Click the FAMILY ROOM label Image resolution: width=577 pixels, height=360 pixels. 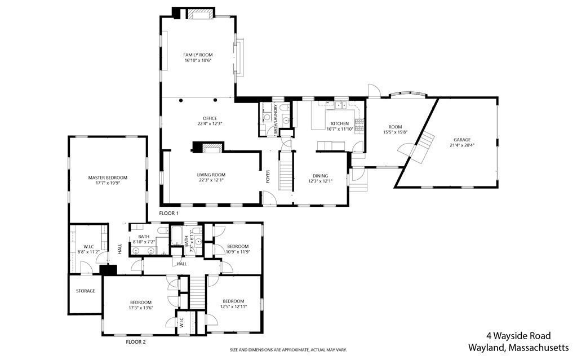click(x=198, y=55)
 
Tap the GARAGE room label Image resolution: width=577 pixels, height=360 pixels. click(x=462, y=140)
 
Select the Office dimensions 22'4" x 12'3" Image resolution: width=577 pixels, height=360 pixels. click(x=210, y=124)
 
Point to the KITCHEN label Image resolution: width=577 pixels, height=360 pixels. click(x=340, y=124)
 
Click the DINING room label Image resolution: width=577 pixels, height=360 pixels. click(x=320, y=176)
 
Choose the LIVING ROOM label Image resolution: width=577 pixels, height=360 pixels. click(x=211, y=175)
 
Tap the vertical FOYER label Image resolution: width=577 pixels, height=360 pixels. click(x=268, y=176)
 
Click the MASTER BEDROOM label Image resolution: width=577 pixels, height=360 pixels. click(x=108, y=178)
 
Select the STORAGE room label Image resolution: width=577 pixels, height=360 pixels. click(x=86, y=291)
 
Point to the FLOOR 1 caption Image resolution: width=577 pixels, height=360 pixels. click(x=168, y=213)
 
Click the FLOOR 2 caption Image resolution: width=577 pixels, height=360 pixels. click(x=136, y=341)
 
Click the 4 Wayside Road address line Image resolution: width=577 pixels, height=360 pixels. click(x=518, y=336)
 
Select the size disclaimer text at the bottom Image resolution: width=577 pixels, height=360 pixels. click(x=288, y=350)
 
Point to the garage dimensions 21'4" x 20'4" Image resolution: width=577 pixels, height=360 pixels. click(x=462, y=145)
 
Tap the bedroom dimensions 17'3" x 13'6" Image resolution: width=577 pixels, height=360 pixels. click(x=140, y=308)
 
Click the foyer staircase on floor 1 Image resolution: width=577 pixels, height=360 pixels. click(x=286, y=172)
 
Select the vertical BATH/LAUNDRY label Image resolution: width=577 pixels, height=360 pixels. click(x=274, y=119)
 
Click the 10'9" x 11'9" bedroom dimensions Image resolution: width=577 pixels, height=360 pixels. click(x=238, y=252)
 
